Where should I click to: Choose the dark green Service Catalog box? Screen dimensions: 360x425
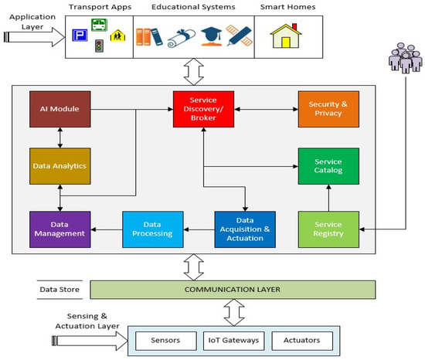(328, 165)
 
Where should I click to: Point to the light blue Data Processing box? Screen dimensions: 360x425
(152, 228)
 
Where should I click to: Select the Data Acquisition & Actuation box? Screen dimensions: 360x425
(244, 228)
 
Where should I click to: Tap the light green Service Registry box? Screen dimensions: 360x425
(328, 228)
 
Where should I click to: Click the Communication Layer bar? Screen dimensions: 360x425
(233, 290)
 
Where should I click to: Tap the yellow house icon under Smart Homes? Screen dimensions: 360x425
(284, 38)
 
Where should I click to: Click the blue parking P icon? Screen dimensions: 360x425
(80, 36)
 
